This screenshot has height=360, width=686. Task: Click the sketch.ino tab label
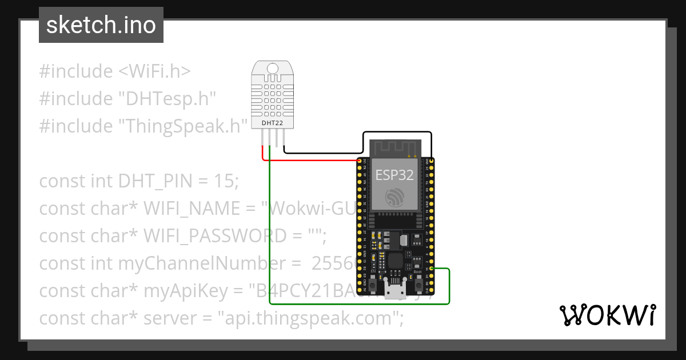[101, 25]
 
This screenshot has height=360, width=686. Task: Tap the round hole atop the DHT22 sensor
[273, 70]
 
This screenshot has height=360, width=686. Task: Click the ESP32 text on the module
[394, 174]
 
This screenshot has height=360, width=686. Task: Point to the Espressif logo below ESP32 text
[394, 197]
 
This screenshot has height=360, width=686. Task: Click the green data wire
[270, 229]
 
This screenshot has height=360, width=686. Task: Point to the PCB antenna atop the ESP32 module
[394, 147]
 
